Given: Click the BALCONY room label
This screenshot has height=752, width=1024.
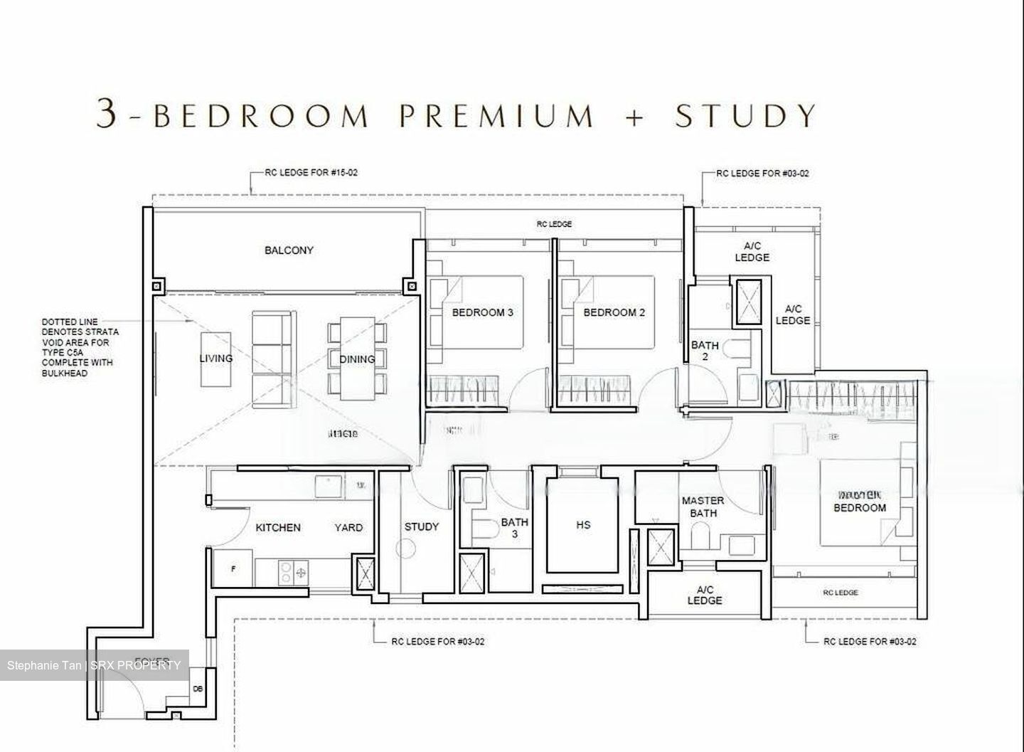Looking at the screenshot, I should pos(289,250).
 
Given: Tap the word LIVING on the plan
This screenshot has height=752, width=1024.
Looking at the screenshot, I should pos(215,358).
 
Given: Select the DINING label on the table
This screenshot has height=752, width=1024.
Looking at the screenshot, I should pos(356,359).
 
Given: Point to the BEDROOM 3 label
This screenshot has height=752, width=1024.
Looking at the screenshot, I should pos(483,312).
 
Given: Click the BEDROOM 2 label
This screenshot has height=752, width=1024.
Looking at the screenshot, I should pos(614,312).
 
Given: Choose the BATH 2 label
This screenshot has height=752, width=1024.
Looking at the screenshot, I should pos(705,351).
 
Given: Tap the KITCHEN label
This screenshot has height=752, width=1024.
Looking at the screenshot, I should pos(278,527).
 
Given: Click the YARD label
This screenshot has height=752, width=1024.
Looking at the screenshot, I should pos(348,527).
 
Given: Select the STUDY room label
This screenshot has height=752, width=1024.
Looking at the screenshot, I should pos(422,526).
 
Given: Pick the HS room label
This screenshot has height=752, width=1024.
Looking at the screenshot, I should pos(583,525).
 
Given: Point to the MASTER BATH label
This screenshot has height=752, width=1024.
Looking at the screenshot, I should pos(703,507).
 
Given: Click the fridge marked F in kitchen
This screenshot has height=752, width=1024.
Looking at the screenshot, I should pos(233,569).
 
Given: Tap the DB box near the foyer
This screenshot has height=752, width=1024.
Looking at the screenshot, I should pos(198,689).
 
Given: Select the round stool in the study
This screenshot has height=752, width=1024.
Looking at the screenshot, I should pos(406,549).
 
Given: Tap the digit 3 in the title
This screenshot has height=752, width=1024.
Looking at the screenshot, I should pos(106,114).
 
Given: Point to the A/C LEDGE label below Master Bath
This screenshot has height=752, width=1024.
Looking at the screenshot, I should pos(705,595).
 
